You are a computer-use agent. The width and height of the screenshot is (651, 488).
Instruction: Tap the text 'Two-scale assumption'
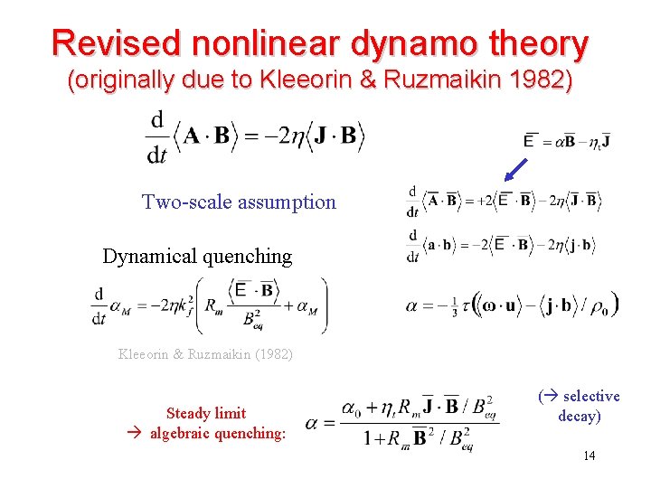pos(239,202)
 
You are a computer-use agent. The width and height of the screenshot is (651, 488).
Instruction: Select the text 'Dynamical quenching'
pos(197,256)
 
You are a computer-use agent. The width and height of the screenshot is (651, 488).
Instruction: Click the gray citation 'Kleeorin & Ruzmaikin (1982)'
pos(205,354)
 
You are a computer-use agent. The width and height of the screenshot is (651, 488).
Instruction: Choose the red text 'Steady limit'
pos(206,413)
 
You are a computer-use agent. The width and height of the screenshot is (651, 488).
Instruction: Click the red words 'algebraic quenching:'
pos(217,433)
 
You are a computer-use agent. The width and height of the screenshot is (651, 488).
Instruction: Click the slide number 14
pos(589,455)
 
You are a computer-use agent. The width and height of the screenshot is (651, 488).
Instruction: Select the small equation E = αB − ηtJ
pos(567,140)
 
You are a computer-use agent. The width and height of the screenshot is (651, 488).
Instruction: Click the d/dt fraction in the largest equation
pos(157,136)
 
